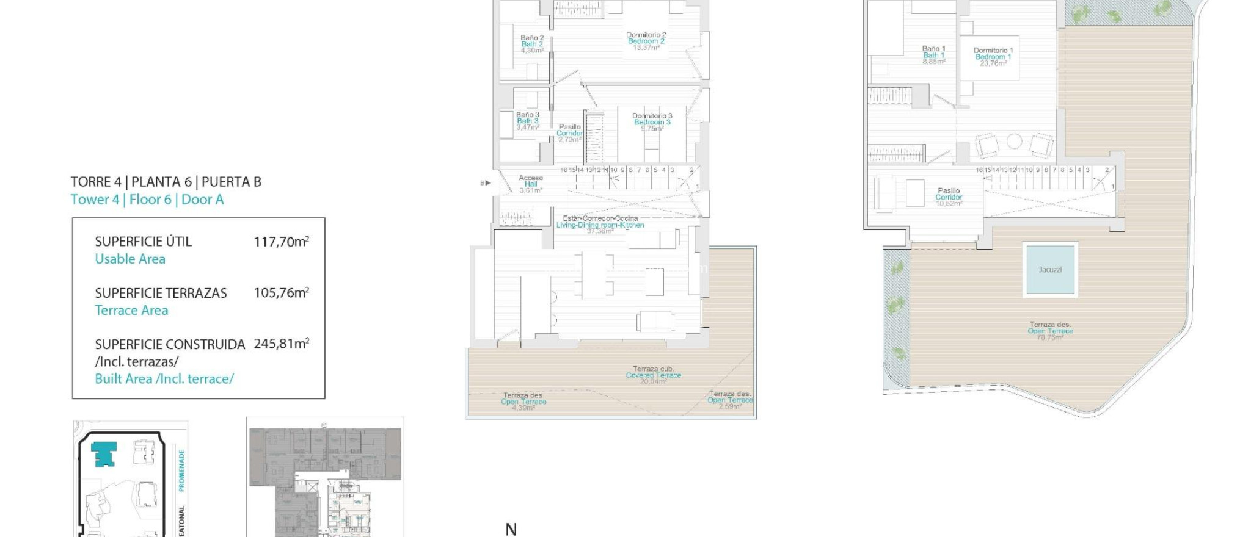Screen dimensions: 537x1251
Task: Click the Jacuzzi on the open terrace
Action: [1050, 269]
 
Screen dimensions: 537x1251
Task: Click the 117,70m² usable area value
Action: [281, 242]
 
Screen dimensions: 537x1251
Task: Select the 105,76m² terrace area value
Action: [281, 293]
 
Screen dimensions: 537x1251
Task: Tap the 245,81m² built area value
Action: [281, 344]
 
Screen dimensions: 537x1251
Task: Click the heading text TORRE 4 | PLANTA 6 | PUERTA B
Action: [166, 182]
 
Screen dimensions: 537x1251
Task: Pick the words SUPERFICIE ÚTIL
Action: [143, 242]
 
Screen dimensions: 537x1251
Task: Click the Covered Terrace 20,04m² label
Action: [653, 375]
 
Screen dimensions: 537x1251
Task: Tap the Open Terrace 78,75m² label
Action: [1050, 331]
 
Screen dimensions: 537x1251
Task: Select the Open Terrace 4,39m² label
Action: [523, 401]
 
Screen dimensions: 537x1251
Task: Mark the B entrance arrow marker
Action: [485, 183]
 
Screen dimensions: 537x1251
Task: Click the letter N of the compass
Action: [511, 530]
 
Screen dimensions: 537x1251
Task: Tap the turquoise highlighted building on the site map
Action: [104, 454]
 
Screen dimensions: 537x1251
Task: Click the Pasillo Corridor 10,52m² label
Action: [949, 196]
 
